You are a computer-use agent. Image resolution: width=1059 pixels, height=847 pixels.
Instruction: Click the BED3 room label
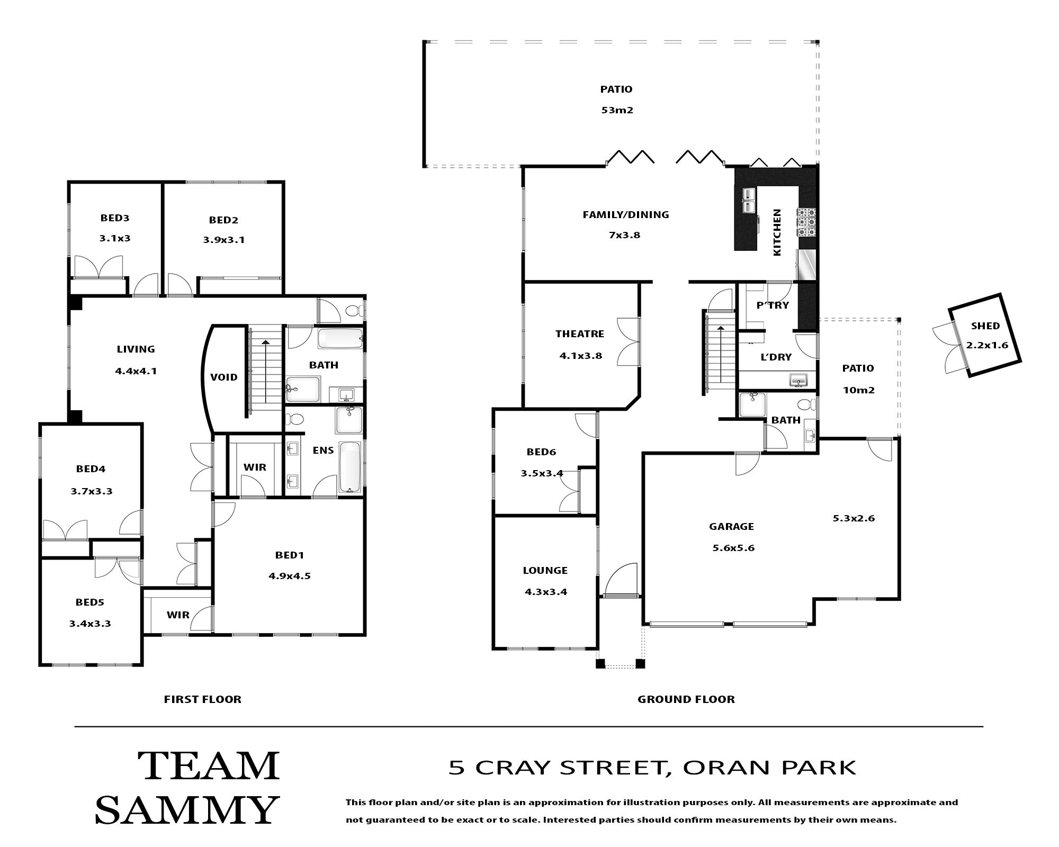click(115, 218)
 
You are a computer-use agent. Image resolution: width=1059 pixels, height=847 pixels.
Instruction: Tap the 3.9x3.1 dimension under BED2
click(223, 240)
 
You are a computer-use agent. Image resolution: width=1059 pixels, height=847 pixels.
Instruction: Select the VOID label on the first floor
click(223, 377)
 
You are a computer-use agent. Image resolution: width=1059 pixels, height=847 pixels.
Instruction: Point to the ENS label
click(323, 450)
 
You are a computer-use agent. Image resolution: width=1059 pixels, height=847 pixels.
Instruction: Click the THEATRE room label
click(580, 334)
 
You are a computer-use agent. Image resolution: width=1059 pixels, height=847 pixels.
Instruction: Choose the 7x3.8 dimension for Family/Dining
click(624, 235)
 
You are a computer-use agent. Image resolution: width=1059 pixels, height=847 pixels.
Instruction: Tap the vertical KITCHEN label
click(777, 232)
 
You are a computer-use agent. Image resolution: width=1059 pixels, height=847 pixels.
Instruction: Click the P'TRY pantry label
click(773, 305)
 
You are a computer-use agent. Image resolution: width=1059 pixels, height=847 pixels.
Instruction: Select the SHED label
click(985, 326)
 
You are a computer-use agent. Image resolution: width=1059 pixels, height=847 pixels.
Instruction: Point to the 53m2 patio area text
click(617, 111)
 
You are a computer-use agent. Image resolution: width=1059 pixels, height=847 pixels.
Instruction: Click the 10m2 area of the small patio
click(858, 391)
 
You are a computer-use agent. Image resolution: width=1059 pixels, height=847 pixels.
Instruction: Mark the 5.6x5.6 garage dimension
click(733, 548)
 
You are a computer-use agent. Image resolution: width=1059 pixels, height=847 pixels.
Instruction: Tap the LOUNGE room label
click(545, 571)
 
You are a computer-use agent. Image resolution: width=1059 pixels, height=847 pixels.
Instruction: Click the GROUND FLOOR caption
click(686, 699)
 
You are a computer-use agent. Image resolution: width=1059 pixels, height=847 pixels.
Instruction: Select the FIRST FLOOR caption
click(202, 699)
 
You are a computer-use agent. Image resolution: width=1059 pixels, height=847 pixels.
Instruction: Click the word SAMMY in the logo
click(186, 809)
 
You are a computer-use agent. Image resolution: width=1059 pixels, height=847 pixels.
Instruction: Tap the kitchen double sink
click(749, 201)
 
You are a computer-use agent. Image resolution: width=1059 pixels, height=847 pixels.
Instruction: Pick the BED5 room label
click(89, 602)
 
